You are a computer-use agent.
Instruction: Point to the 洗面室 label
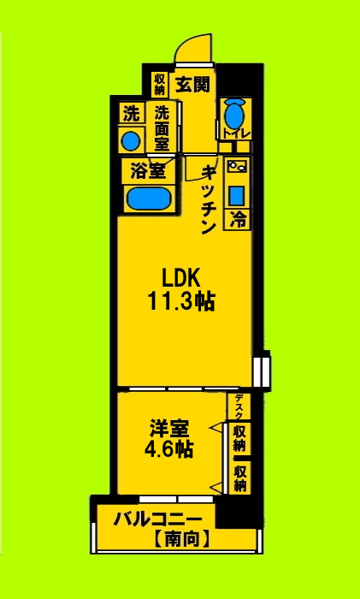point(160,127)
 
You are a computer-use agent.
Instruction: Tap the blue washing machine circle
point(131,139)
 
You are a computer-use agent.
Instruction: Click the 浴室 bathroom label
point(147,171)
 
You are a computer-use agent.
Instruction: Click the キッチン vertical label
point(207,199)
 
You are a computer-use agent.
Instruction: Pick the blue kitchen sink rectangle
point(237,193)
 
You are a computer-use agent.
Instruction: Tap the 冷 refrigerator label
point(238,219)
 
